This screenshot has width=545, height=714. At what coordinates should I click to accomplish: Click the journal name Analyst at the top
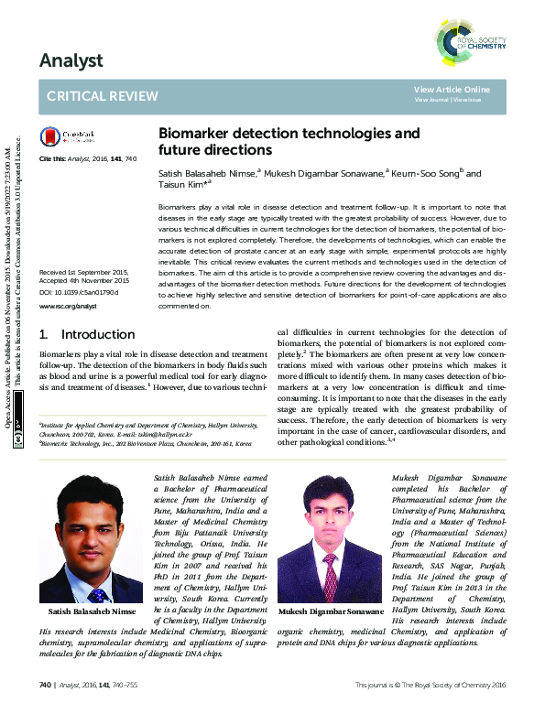(x=71, y=61)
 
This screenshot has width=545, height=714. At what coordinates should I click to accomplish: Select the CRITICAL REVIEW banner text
(x=102, y=96)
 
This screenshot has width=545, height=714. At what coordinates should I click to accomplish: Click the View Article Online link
(x=452, y=89)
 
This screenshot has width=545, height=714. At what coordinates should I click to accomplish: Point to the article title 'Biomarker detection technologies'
(x=289, y=133)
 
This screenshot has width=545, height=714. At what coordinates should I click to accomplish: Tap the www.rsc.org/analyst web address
(x=68, y=305)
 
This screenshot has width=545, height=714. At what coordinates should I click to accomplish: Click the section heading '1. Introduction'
(x=89, y=334)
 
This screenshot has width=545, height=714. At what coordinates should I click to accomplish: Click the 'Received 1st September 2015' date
(x=82, y=272)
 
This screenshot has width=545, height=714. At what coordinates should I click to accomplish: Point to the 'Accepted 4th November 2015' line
(x=82, y=280)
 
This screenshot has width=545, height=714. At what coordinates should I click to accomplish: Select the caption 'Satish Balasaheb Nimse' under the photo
(x=91, y=611)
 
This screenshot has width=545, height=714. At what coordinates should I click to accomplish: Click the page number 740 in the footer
(x=45, y=685)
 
